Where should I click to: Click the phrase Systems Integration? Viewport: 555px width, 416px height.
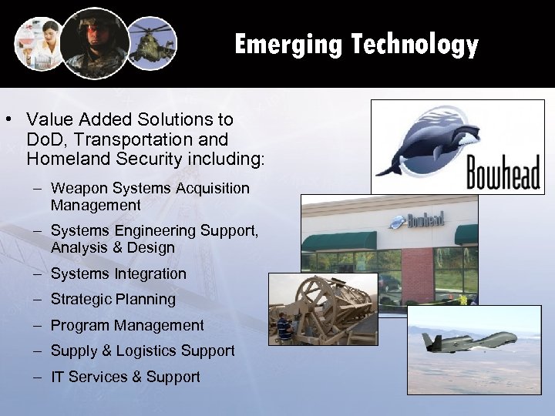click(119, 273)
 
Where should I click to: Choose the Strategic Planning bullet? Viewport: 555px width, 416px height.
click(113, 299)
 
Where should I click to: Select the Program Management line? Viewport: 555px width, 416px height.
click(127, 325)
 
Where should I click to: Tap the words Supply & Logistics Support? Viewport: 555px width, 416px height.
click(143, 351)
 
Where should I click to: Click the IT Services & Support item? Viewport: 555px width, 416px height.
click(126, 377)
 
